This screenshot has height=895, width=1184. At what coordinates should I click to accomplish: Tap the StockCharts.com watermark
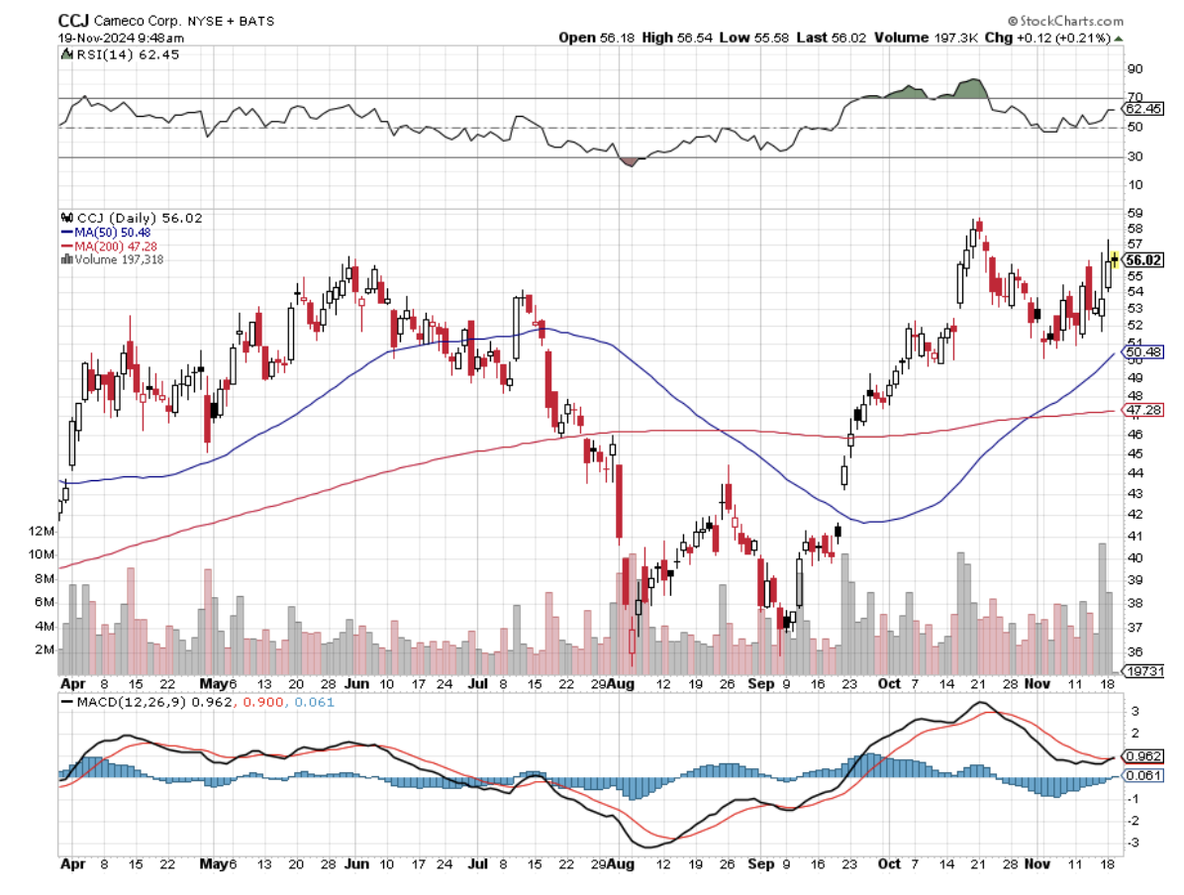pyautogui.click(x=1067, y=21)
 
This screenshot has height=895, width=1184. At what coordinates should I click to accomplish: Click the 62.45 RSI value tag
pyautogui.click(x=1143, y=109)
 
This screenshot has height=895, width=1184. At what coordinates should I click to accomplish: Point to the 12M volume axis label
pyautogui.click(x=42, y=532)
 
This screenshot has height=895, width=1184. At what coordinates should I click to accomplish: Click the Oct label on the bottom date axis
pyautogui.click(x=891, y=864)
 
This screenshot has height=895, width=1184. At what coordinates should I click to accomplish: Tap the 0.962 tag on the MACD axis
pyautogui.click(x=1142, y=755)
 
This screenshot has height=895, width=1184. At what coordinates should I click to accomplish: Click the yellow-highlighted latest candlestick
pyautogui.click(x=1115, y=259)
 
